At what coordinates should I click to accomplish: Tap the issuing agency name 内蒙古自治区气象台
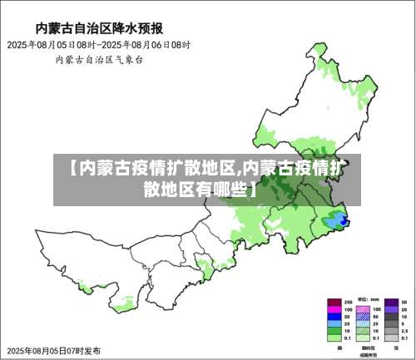(x=99, y=60)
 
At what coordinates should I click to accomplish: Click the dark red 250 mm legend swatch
(x=334, y=301)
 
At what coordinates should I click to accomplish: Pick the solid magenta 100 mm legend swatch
(x=334, y=308)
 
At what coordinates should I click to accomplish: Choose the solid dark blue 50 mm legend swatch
(x=334, y=316)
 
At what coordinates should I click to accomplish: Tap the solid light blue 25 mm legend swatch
(x=334, y=323)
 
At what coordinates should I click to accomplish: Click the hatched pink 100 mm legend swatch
(x=363, y=308)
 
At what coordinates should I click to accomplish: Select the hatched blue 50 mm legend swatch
(x=363, y=316)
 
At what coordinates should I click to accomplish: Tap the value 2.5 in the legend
(x=404, y=331)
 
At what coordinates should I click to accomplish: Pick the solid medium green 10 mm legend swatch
(x=334, y=331)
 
